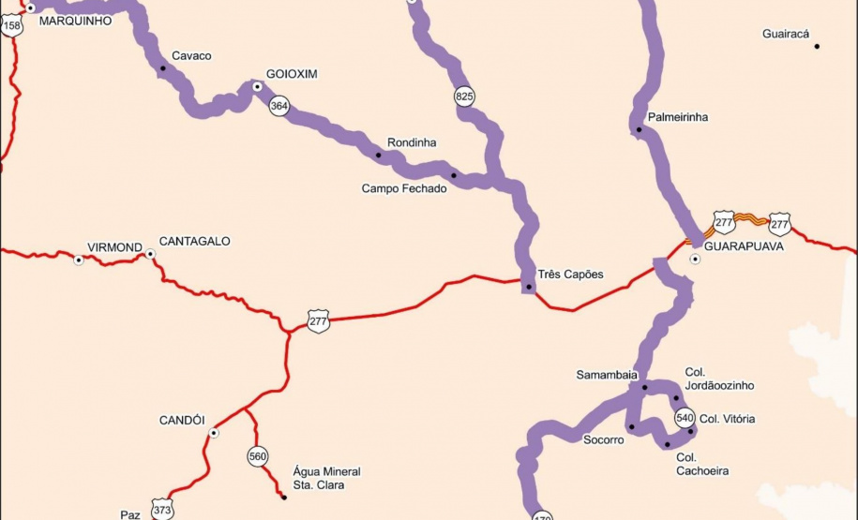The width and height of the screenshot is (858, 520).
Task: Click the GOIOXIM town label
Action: click(x=292, y=74)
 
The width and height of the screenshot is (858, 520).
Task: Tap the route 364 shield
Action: click(x=278, y=106)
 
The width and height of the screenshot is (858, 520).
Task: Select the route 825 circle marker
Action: click(x=464, y=96)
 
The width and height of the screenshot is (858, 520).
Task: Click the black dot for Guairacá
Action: click(x=817, y=46)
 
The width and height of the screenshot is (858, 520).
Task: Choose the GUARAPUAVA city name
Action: click(x=744, y=245)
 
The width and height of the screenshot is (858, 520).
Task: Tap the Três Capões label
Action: click(x=571, y=275)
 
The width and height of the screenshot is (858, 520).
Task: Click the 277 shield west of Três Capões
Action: click(x=318, y=321)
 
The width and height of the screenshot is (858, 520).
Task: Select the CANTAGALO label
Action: click(x=194, y=241)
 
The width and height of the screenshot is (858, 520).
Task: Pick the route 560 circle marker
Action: click(x=258, y=456)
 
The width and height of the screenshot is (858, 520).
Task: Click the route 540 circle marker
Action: click(x=685, y=417)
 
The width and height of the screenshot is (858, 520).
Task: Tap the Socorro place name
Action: click(x=603, y=439)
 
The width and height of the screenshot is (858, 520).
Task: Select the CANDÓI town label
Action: click(x=182, y=421)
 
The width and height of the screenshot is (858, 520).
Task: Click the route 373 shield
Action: click(x=162, y=510)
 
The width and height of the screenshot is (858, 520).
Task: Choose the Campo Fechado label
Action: click(x=404, y=188)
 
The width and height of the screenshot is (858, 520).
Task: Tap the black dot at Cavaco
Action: click(x=162, y=67)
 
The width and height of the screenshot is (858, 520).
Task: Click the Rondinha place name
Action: click(x=412, y=142)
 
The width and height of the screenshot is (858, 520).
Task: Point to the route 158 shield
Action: click(x=12, y=26)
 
